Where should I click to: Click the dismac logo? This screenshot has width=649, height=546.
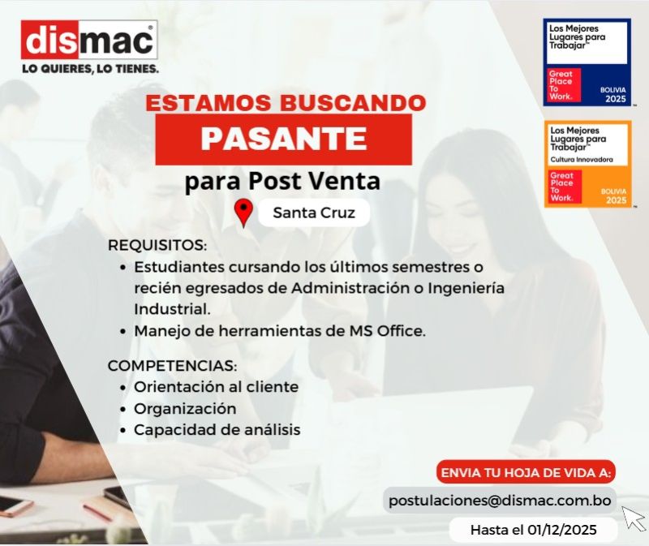89,41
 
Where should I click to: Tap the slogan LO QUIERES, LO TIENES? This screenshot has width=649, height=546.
90,69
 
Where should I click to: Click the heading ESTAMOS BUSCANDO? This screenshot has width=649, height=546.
286,104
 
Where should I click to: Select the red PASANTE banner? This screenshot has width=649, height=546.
283,137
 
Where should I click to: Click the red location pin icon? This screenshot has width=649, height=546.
243,213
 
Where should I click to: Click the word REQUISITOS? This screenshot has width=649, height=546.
157,245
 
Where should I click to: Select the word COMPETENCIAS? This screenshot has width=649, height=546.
172,365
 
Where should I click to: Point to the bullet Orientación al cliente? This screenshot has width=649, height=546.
216,387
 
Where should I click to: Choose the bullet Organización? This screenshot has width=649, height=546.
185,408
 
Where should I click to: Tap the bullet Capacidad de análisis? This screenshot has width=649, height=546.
217,430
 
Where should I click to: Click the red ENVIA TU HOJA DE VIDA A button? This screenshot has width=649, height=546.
527,473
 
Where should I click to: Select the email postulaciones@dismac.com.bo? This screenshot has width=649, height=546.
500,501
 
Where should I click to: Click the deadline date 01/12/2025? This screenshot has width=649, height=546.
561,531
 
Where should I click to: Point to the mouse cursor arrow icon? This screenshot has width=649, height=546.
633,517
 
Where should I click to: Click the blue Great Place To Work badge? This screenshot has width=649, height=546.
587,62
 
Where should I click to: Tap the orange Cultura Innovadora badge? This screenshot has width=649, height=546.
587,164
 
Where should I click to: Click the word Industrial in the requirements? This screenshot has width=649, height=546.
172,309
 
